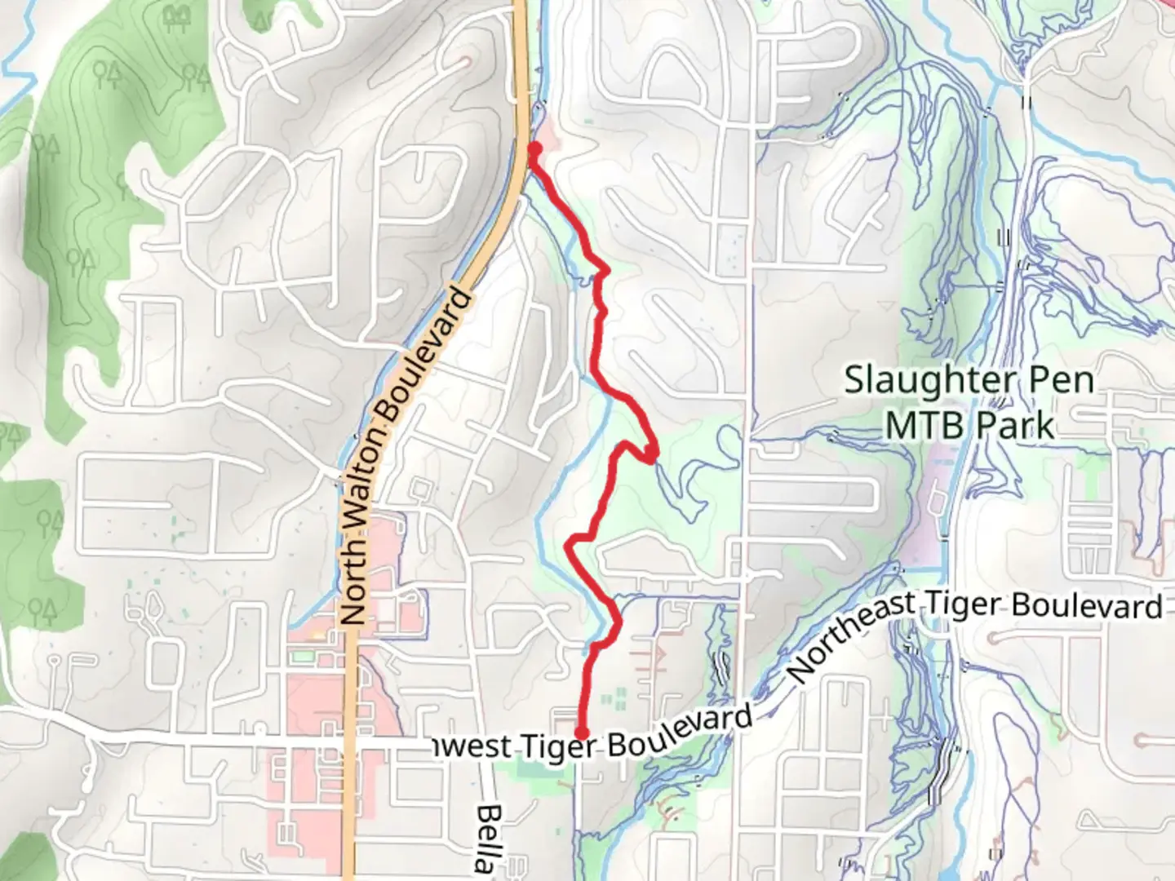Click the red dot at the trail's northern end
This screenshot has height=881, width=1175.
[535, 148]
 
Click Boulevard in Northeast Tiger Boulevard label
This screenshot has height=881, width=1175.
[1087, 606]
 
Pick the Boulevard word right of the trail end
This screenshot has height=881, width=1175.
[679, 732]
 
